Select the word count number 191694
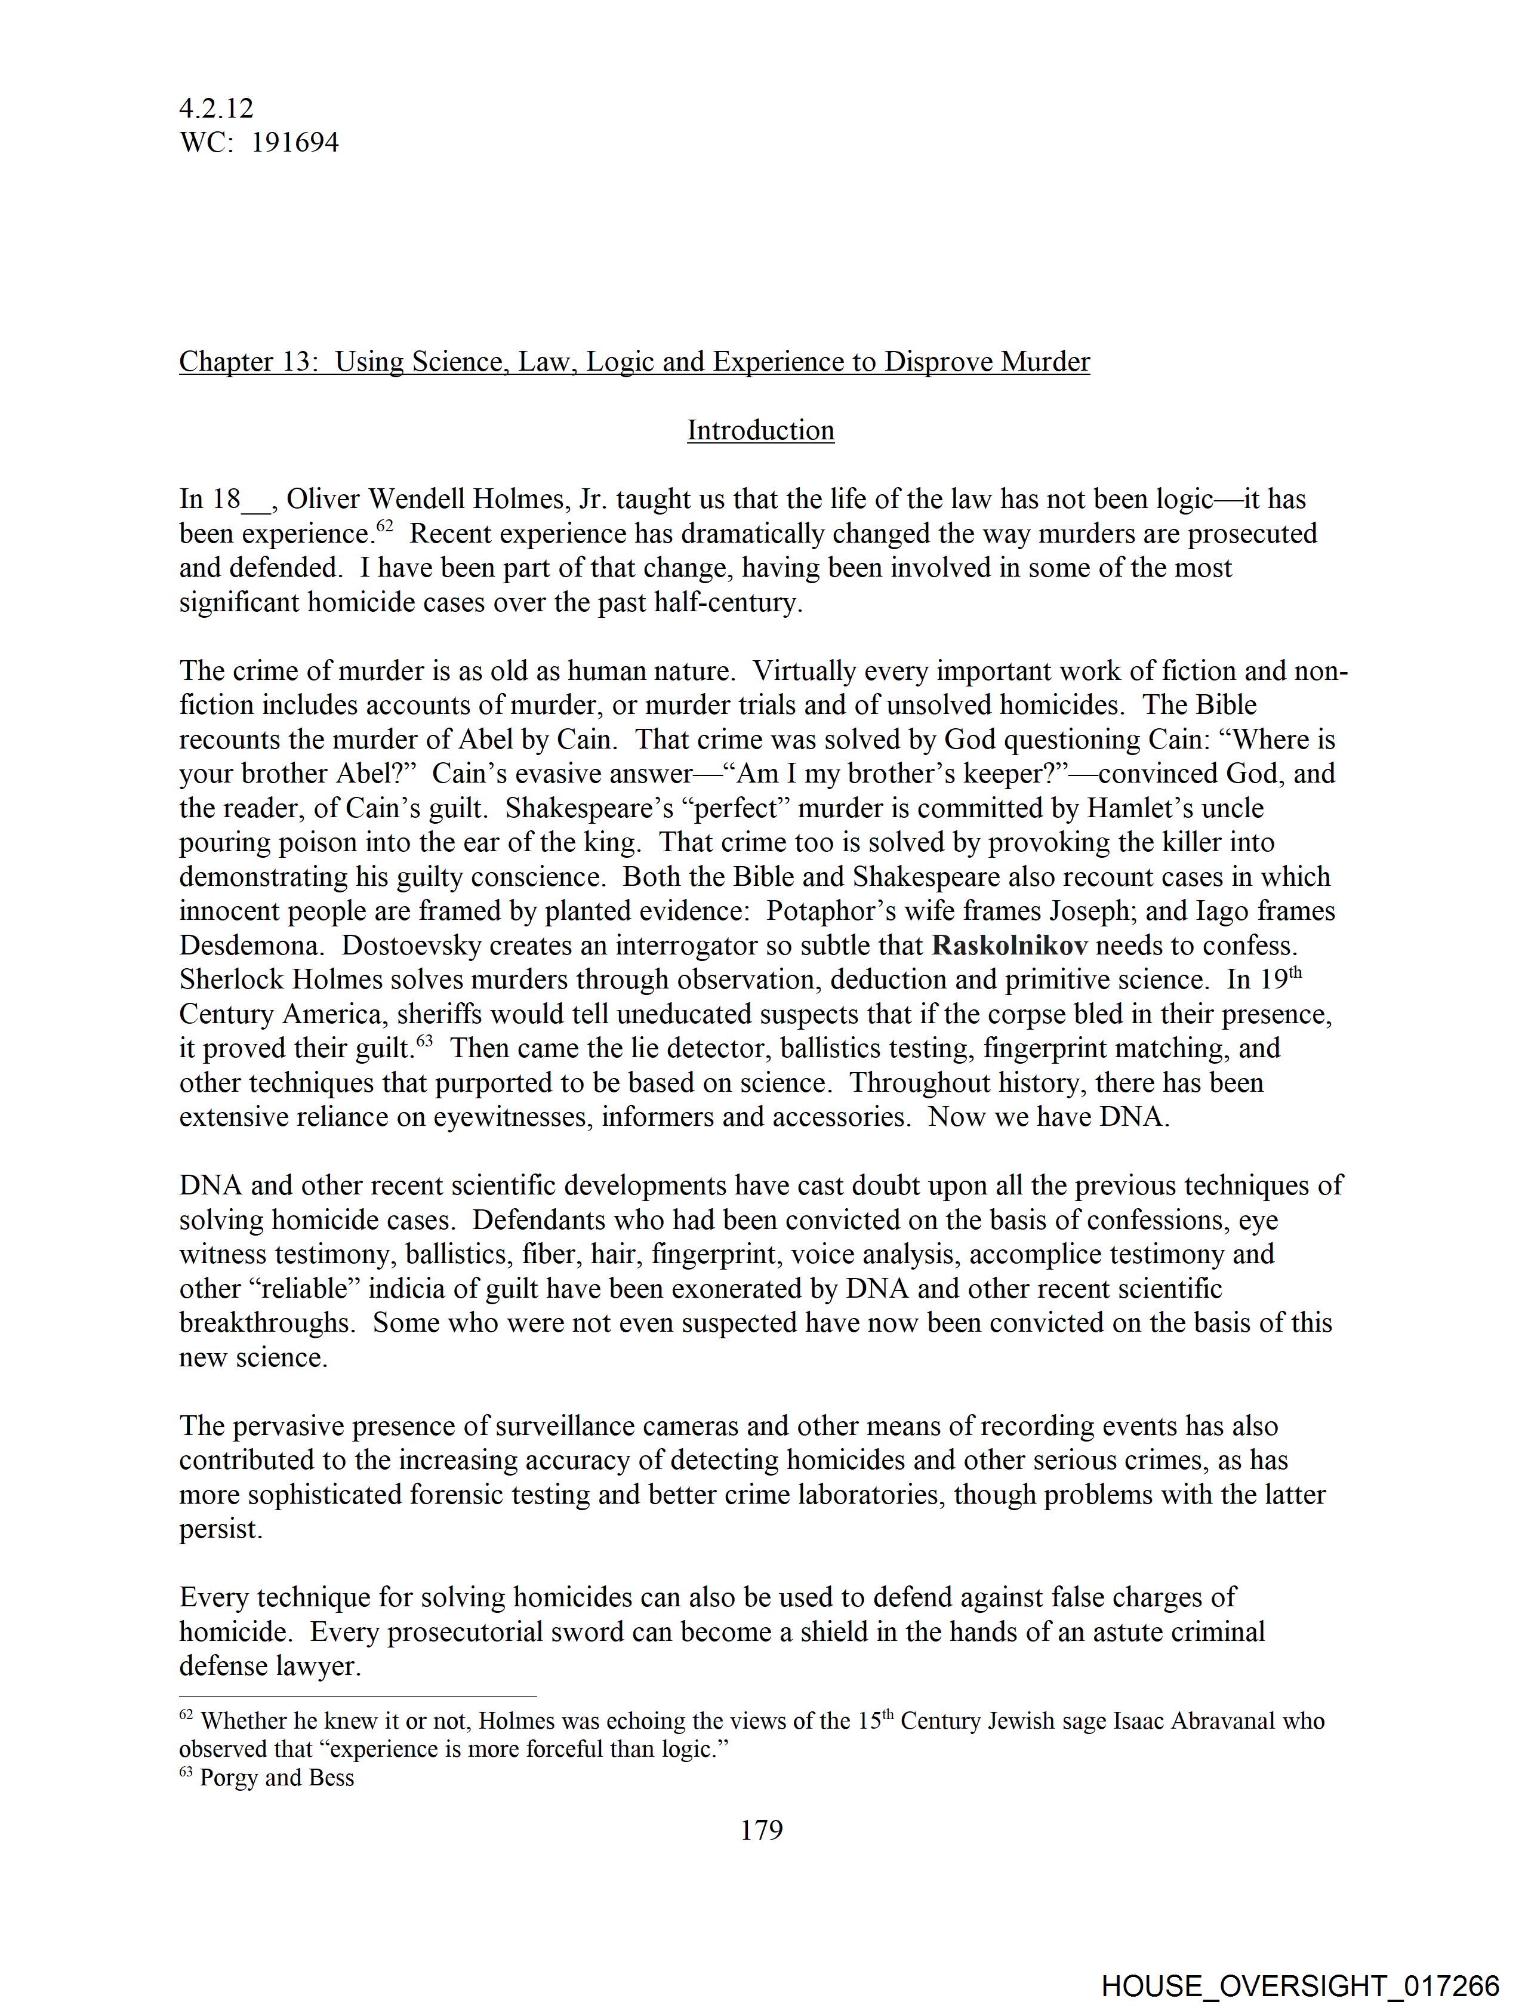click(295, 143)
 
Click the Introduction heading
click(760, 430)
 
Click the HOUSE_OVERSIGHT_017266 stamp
click(1299, 1985)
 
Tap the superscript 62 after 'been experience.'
click(384, 525)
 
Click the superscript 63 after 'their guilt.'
click(424, 1040)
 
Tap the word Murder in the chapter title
click(1045, 362)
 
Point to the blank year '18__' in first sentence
click(241, 499)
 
